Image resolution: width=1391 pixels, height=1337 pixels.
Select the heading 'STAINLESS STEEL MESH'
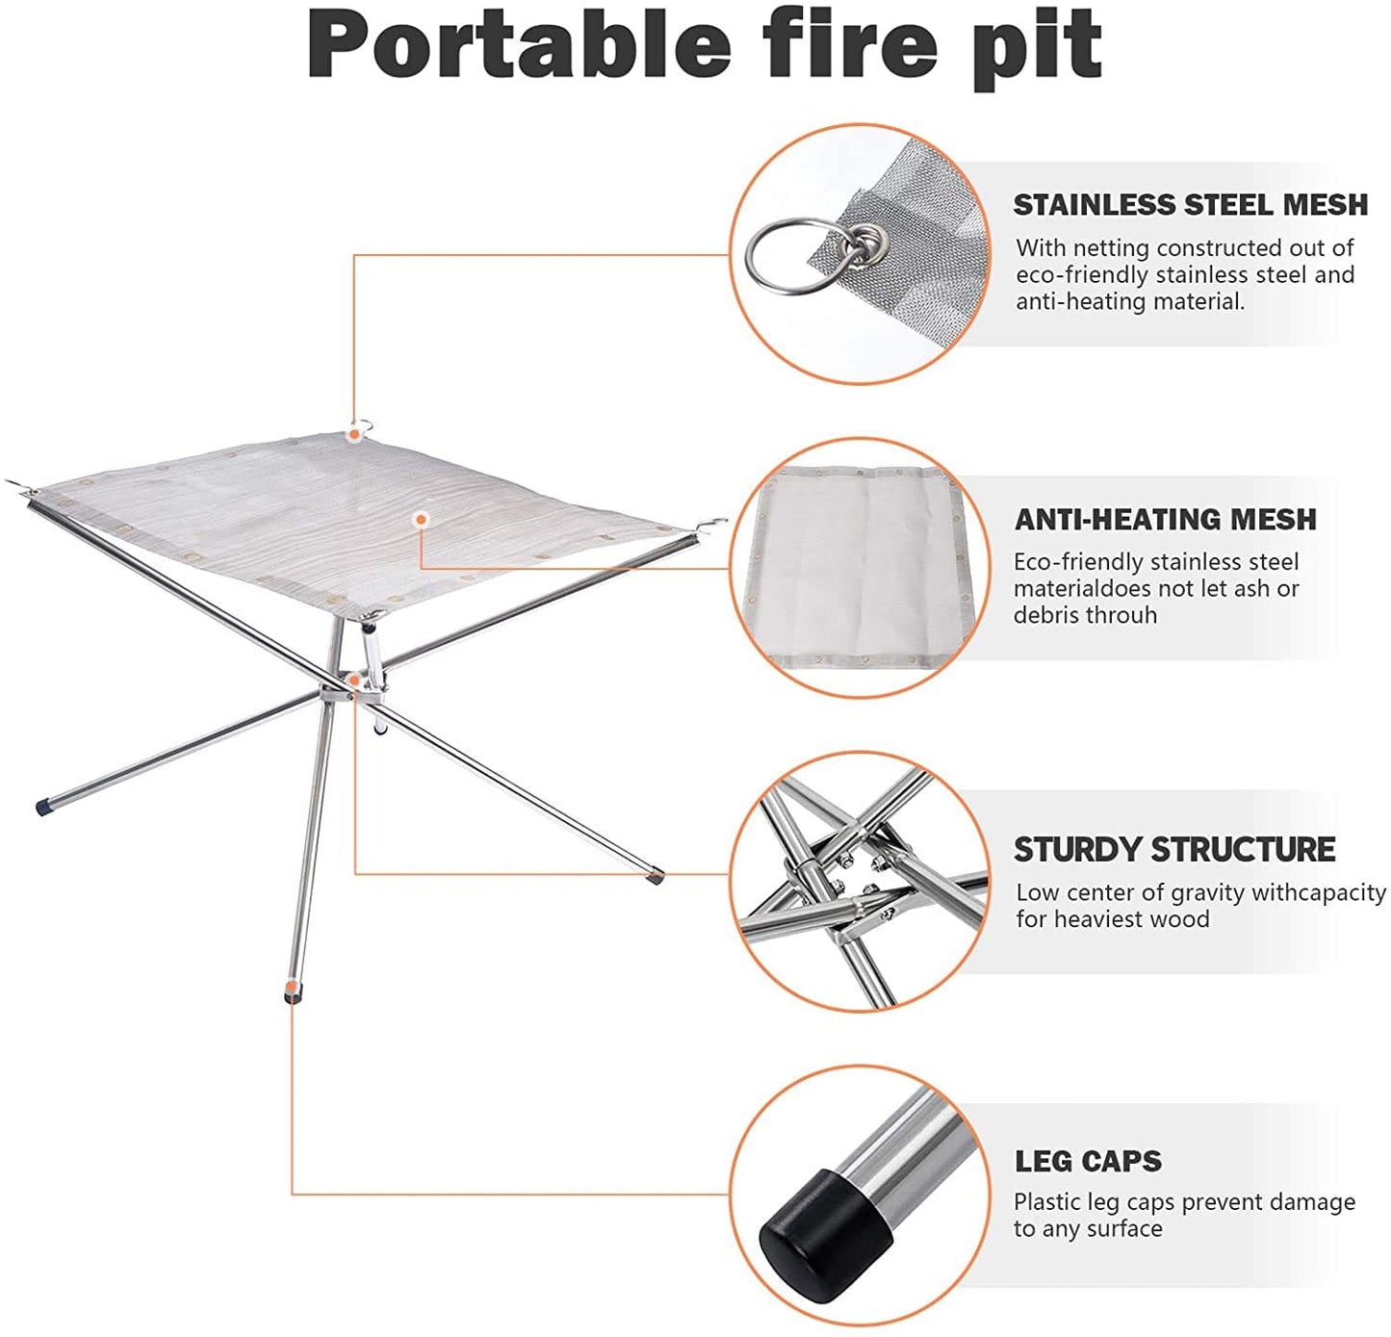[1190, 205]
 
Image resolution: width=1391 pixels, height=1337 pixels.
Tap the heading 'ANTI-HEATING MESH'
[1165, 520]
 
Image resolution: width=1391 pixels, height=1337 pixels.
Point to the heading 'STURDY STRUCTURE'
[1174, 850]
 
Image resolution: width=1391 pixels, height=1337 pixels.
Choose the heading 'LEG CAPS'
[1088, 1162]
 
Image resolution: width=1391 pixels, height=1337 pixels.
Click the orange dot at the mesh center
[421, 520]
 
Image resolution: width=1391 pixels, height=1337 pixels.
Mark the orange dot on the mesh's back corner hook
[355, 435]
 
